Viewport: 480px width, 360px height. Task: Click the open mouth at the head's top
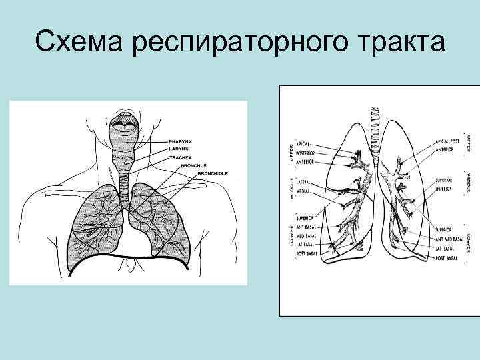point(126,123)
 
